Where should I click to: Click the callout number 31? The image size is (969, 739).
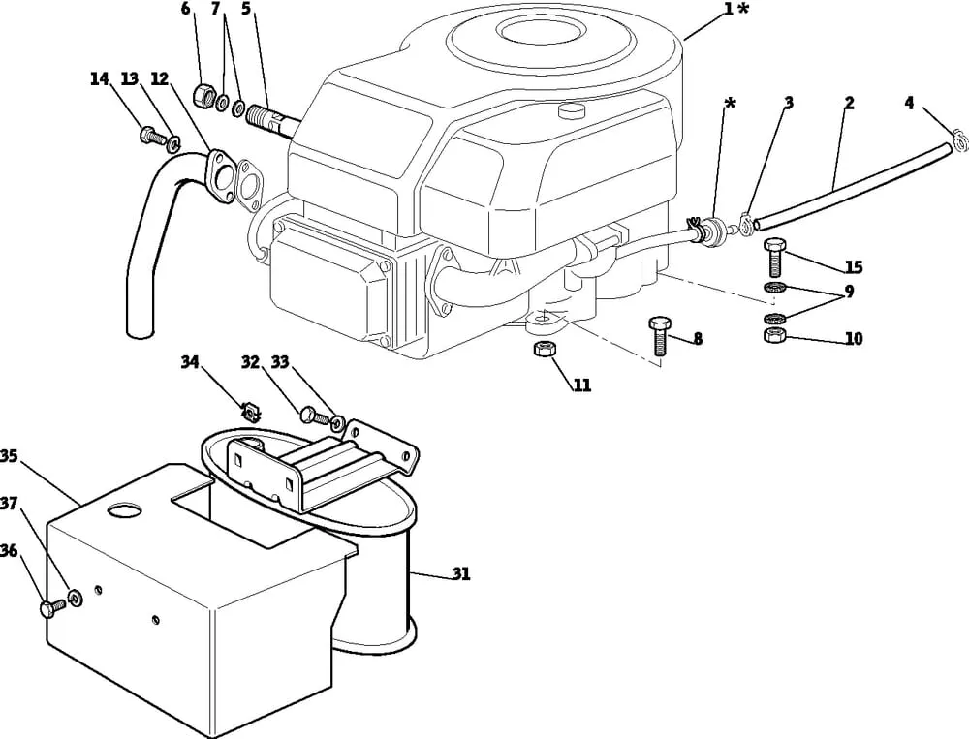460,574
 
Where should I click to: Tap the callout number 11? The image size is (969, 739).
582,385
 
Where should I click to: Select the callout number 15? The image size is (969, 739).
854,267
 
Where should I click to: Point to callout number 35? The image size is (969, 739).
9,456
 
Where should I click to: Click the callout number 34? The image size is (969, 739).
190,362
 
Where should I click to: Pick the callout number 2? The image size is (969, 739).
849,103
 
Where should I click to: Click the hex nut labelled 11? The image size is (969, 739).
545,349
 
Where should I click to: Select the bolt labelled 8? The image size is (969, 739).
659,335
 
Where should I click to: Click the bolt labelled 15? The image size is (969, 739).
773,257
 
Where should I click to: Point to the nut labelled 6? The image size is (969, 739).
203,96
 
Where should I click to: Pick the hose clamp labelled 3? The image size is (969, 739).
746,225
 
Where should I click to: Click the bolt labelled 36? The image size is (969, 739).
52,608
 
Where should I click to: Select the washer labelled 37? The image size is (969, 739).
76,598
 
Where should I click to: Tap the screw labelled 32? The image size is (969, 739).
314,416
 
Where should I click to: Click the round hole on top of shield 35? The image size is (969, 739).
125,509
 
